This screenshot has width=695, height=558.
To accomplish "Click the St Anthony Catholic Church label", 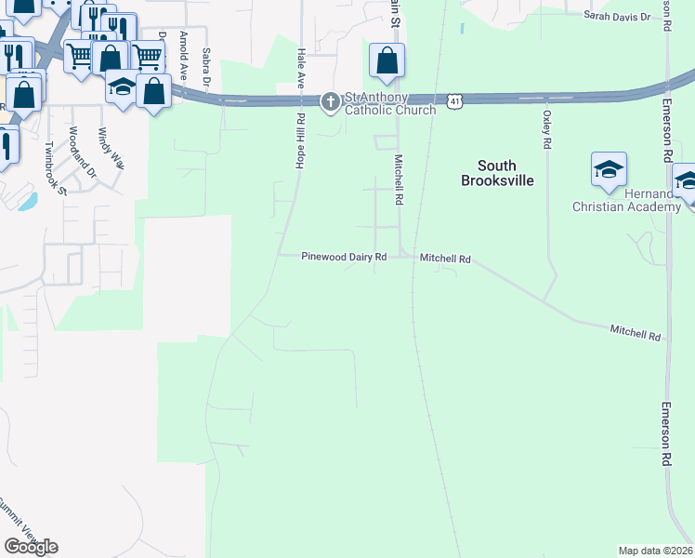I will [x=390, y=102].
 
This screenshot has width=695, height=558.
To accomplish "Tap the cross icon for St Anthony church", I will [x=330, y=102].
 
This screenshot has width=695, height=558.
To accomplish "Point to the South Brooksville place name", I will [x=497, y=173].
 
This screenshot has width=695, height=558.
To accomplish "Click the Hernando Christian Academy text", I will [x=626, y=199].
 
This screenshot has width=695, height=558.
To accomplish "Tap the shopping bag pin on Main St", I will [x=386, y=61].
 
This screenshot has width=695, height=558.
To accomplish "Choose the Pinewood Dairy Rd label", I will [x=343, y=257].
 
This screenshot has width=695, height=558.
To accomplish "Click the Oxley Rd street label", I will [x=546, y=130].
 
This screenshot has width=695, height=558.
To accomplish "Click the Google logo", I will [x=31, y=546].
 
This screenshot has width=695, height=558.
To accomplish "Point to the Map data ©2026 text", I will [x=654, y=551].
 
